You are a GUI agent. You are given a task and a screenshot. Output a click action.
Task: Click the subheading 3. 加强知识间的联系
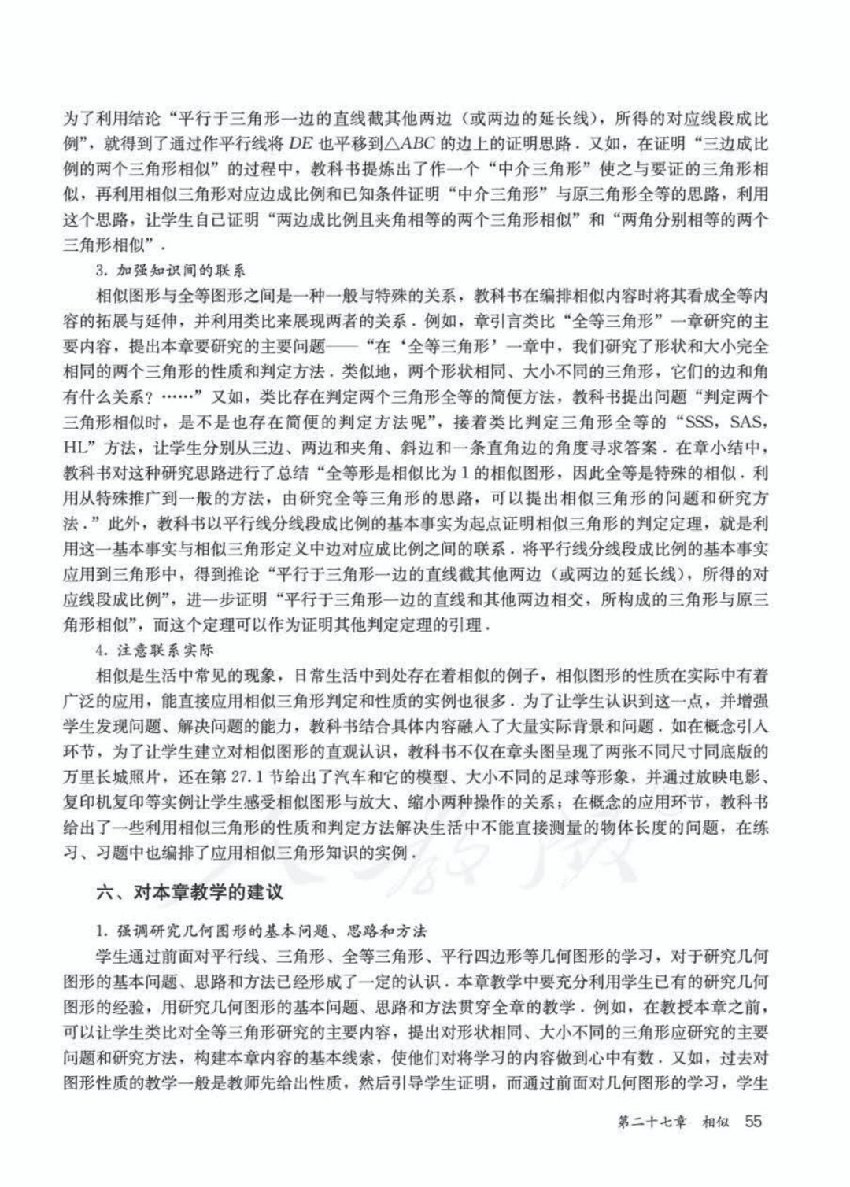[x=169, y=271]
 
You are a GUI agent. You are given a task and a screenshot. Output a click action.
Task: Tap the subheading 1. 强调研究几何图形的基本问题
[x=260, y=931]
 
